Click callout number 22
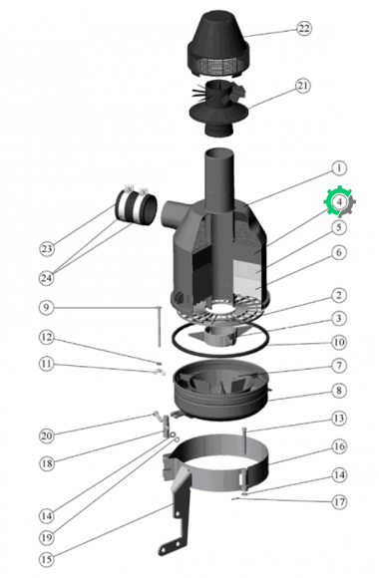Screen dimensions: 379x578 click(304, 28)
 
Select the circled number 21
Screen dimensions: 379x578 click(302, 86)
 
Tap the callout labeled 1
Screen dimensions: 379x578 click(339, 168)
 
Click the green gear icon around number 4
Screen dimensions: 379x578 click(339, 201)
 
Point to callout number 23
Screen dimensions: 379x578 click(47, 249)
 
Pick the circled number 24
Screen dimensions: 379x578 click(47, 278)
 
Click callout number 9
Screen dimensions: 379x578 click(47, 307)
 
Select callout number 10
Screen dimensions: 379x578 click(339, 342)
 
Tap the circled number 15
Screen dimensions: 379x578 click(47, 559)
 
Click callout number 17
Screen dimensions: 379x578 click(339, 501)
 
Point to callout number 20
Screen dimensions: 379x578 click(47, 436)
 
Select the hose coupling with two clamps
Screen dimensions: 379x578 click(136, 207)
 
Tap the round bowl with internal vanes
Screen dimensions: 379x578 click(221, 390)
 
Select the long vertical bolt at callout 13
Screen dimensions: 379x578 click(244, 440)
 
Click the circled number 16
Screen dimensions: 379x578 click(339, 446)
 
